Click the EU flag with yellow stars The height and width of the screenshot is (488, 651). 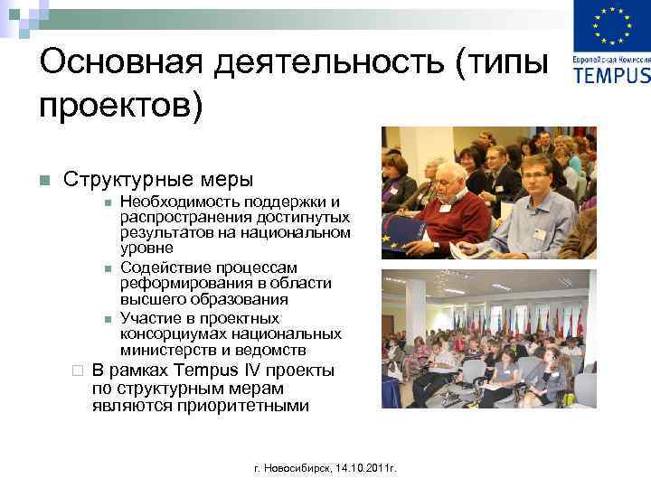coord(612,27)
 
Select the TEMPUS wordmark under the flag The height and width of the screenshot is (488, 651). coord(612,74)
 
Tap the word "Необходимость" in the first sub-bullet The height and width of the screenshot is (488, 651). coord(177,201)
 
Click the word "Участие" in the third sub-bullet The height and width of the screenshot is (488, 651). coord(149,318)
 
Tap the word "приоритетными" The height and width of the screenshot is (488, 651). coord(245,406)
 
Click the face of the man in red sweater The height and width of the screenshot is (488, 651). coord(448,178)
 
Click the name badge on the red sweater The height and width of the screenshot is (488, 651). coord(445,208)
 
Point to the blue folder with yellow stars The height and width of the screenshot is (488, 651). coord(401,236)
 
